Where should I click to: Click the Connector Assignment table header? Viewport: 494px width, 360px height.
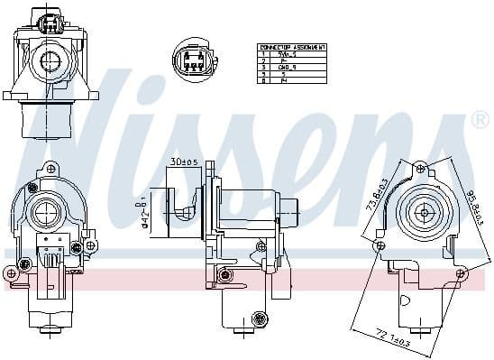tap(292, 46)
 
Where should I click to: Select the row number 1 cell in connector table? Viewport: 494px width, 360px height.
tap(263, 53)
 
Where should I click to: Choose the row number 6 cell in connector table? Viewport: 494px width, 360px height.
tap(263, 80)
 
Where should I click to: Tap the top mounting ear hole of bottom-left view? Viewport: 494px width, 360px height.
tap(51, 168)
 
